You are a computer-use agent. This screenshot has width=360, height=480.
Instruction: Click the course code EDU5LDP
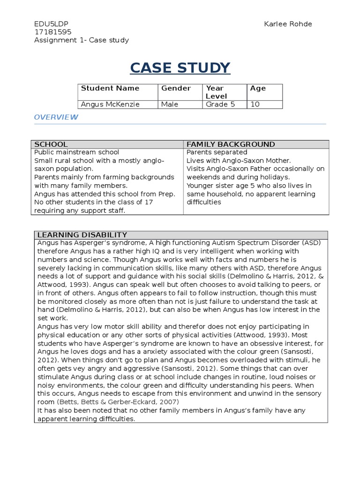[47, 24]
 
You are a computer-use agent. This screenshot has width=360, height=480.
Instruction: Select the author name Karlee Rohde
[287, 24]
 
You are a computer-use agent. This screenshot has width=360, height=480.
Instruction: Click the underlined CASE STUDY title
[180, 68]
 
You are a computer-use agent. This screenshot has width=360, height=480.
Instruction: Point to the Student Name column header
[110, 88]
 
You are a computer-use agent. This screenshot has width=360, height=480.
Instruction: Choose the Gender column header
[176, 88]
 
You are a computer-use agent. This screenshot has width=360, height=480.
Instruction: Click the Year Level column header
[216, 92]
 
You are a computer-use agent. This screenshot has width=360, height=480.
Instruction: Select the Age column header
[258, 88]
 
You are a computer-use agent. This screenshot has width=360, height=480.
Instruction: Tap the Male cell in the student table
[169, 105]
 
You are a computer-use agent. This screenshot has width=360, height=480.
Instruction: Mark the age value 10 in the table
[255, 105]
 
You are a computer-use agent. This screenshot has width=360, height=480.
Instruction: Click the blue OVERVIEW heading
[56, 117]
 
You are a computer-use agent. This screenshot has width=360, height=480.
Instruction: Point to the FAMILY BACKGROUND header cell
[231, 144]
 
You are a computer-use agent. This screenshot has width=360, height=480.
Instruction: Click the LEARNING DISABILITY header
[82, 235]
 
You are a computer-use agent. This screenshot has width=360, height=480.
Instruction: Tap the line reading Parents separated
[217, 152]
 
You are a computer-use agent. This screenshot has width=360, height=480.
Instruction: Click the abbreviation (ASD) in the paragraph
[311, 242]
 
